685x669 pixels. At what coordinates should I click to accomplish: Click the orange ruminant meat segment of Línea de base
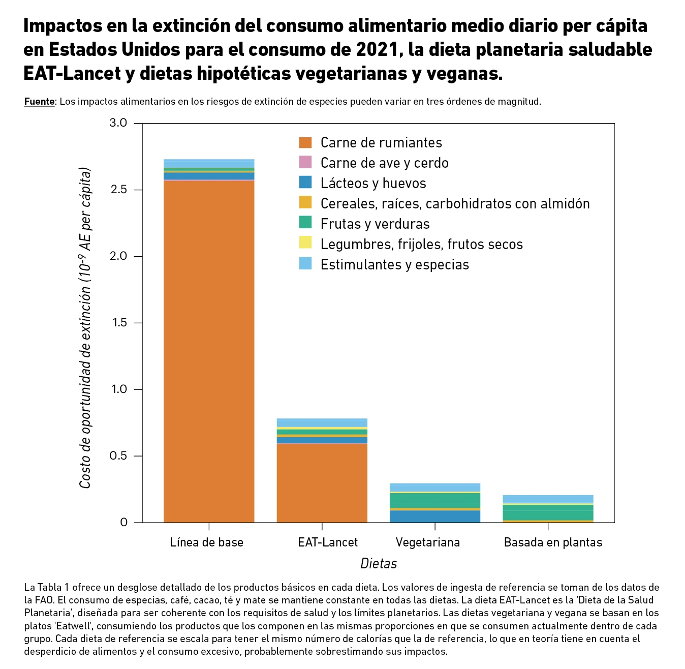pyautogui.click(x=209, y=351)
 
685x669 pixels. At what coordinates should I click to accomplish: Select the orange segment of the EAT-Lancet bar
pyautogui.click(x=322, y=483)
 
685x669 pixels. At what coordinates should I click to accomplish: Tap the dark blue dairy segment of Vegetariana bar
pyautogui.click(x=434, y=516)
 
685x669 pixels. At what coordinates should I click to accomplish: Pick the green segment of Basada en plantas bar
pyautogui.click(x=548, y=512)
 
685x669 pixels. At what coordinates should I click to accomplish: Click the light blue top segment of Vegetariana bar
pyautogui.click(x=434, y=487)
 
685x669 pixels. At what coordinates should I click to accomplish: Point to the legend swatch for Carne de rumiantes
pyautogui.click(x=305, y=143)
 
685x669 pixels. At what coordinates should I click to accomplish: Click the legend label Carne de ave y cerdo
pyautogui.click(x=384, y=163)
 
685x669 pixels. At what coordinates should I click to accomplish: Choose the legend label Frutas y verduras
pyautogui.click(x=375, y=224)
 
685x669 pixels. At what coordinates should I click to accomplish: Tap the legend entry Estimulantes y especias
pyautogui.click(x=394, y=265)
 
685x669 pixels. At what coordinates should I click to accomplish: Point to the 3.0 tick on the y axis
pyautogui.click(x=118, y=123)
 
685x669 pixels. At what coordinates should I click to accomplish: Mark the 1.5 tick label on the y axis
pyautogui.click(x=118, y=323)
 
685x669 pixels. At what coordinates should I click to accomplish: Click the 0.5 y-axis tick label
pyautogui.click(x=118, y=456)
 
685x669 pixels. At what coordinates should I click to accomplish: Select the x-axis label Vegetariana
pyautogui.click(x=427, y=542)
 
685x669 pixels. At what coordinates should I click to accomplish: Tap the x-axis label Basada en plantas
pyautogui.click(x=553, y=542)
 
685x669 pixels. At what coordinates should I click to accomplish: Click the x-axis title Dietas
pyautogui.click(x=379, y=564)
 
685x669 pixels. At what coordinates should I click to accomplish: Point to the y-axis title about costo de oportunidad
pyautogui.click(x=85, y=328)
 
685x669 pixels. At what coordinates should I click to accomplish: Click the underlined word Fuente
pyautogui.click(x=39, y=102)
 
